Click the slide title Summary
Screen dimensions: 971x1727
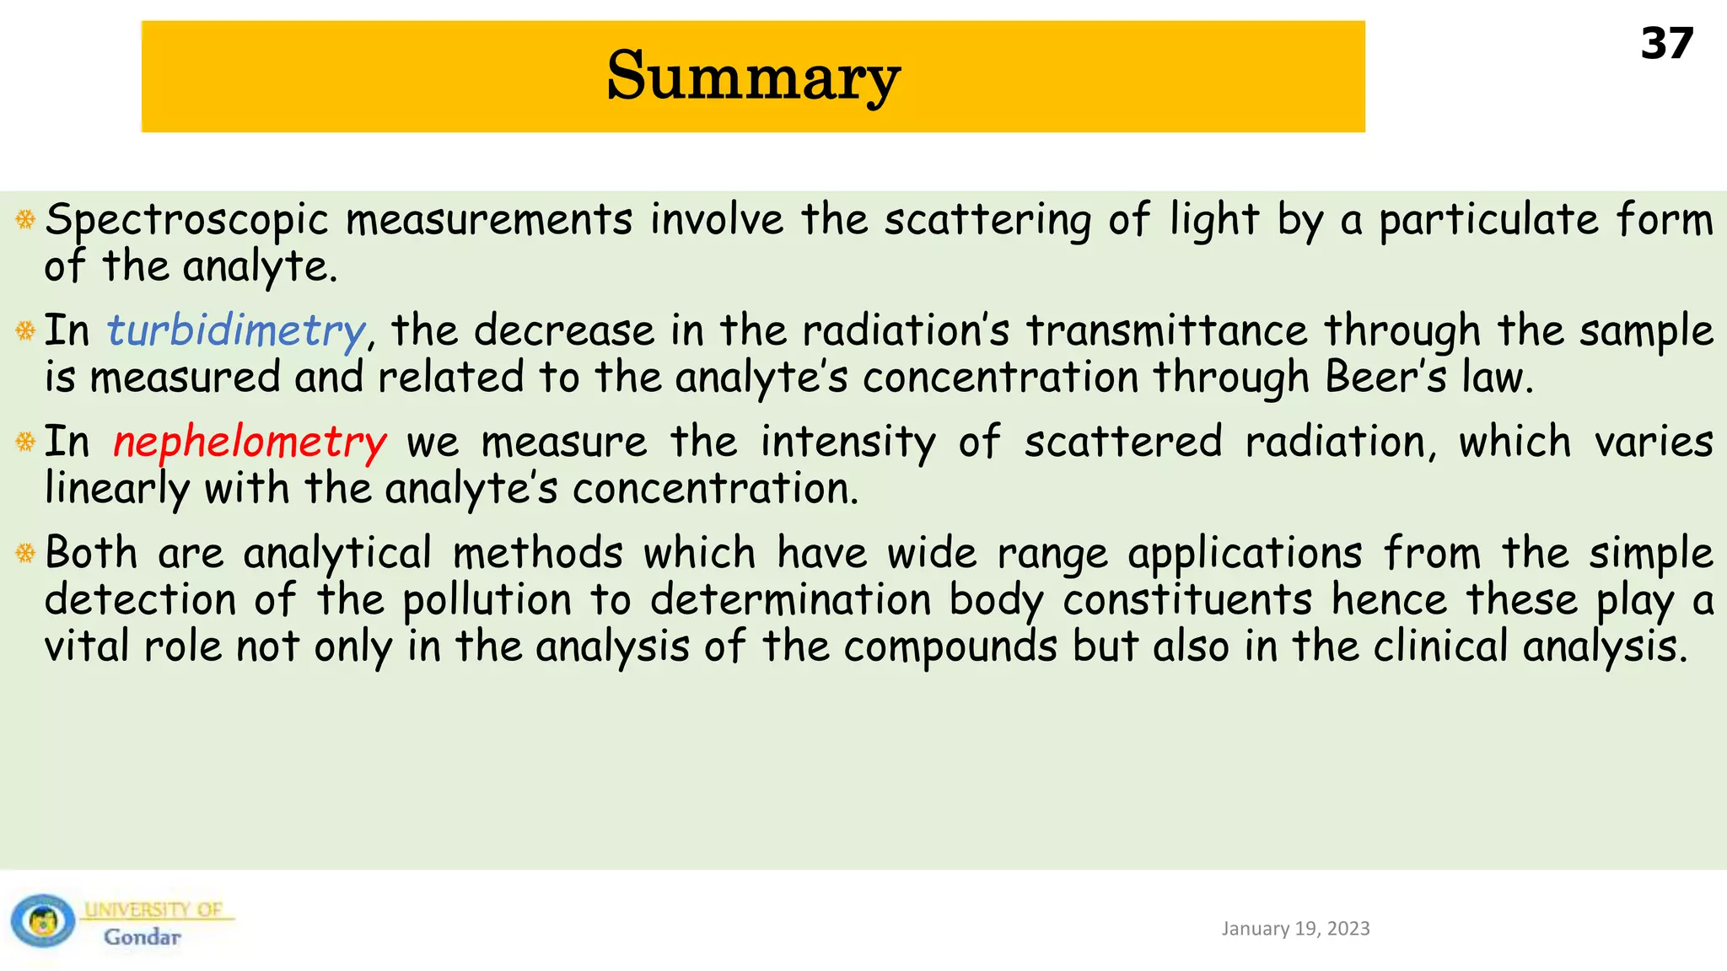753,76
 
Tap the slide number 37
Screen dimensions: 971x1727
1666,44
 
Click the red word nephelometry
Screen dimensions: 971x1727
250,442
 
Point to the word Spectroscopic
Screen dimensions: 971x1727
186,221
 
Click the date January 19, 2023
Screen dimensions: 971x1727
1295,928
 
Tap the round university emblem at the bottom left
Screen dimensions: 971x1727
42,920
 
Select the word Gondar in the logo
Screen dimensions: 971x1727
142,937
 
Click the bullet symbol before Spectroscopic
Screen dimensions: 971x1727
25,220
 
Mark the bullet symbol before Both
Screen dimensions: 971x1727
25,553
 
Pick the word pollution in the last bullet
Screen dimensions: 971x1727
487,601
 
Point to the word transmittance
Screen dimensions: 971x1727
1166,330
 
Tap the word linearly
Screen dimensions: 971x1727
117,489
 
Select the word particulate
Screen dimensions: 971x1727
1488,221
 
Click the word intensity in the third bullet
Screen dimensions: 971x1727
847,442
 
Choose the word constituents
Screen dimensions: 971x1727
1187,600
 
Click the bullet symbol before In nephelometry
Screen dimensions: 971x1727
25,441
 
